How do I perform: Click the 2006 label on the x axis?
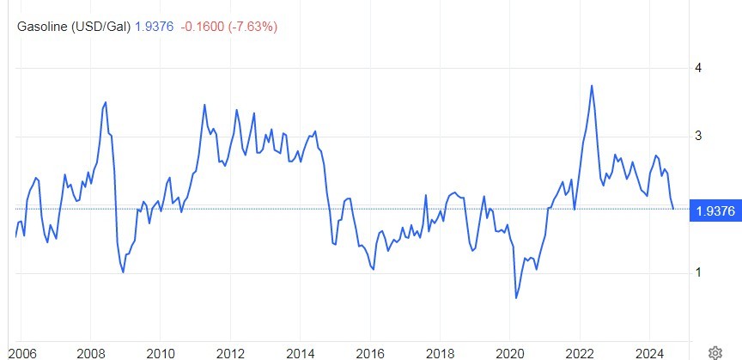[21, 352]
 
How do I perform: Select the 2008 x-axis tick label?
[91, 352]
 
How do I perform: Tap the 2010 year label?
[161, 352]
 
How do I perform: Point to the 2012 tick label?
[230, 352]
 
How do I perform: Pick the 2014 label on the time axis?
[300, 352]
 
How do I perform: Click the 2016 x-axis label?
[369, 352]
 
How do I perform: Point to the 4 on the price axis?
[698, 67]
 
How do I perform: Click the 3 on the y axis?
[698, 136]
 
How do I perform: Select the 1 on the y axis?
[698, 273]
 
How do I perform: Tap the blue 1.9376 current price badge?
[714, 211]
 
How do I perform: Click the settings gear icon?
[715, 352]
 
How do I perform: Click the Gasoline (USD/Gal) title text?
[75, 27]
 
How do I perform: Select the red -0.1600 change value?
[204, 27]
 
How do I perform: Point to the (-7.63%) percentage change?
[253, 27]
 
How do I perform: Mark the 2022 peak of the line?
[592, 85]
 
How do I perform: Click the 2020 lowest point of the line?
[516, 298]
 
